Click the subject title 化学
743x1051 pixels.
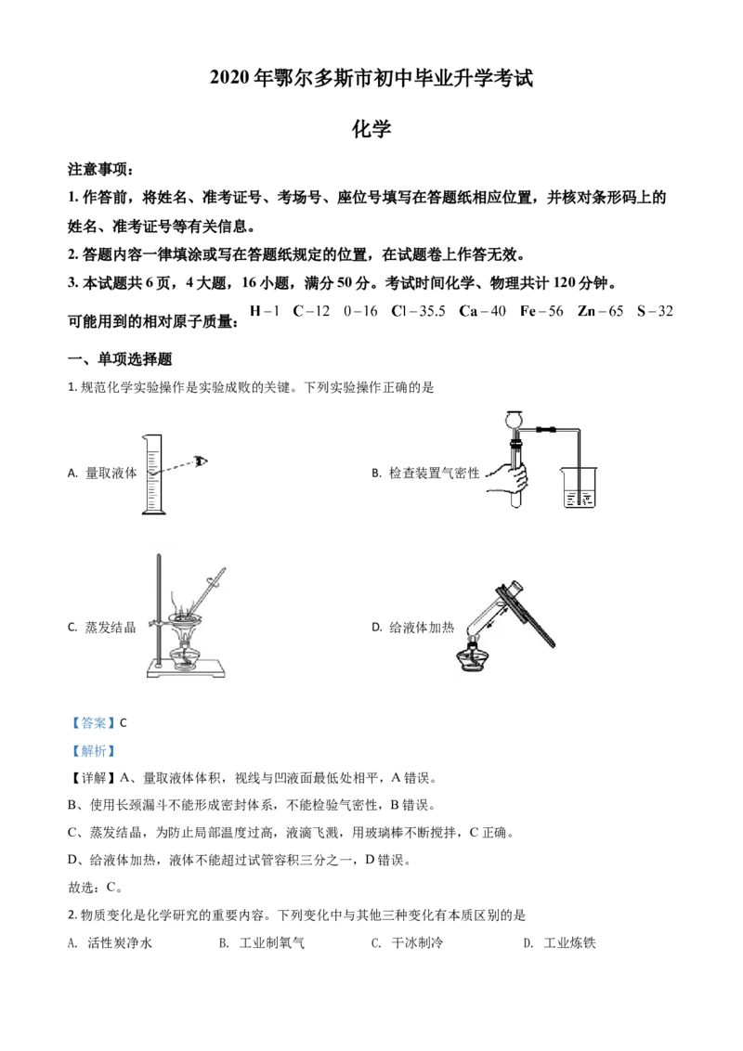click(371, 129)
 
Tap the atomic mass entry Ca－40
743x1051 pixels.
click(482, 311)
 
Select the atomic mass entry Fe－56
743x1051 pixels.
click(541, 311)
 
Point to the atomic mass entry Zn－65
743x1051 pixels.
click(600, 311)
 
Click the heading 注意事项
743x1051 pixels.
click(100, 170)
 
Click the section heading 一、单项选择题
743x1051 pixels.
click(120, 359)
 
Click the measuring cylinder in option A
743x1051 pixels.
click(153, 474)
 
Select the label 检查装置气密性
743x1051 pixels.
click(435, 474)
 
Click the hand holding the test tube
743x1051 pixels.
click(510, 477)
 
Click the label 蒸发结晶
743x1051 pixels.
click(111, 628)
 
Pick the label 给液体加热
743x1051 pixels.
click(422, 628)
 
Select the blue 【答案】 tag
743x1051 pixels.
click(93, 722)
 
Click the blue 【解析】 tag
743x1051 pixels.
click(93, 751)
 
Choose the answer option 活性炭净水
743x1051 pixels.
click(120, 943)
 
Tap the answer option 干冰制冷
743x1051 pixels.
click(417, 943)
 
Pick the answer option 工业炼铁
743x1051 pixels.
click(569, 943)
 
